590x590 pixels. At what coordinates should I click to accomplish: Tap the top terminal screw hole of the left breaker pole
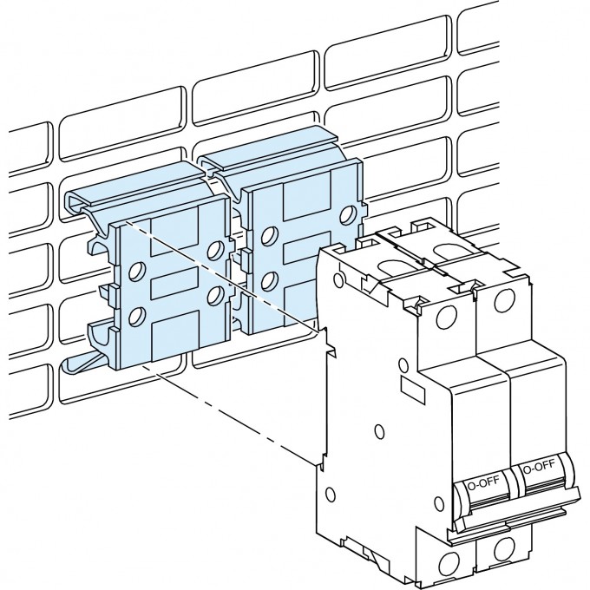coord(447,313)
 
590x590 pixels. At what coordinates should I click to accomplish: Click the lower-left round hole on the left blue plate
coord(135,317)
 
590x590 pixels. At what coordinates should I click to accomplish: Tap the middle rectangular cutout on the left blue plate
coord(174,286)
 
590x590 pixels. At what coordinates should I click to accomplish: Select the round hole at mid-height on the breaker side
coord(378,429)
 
